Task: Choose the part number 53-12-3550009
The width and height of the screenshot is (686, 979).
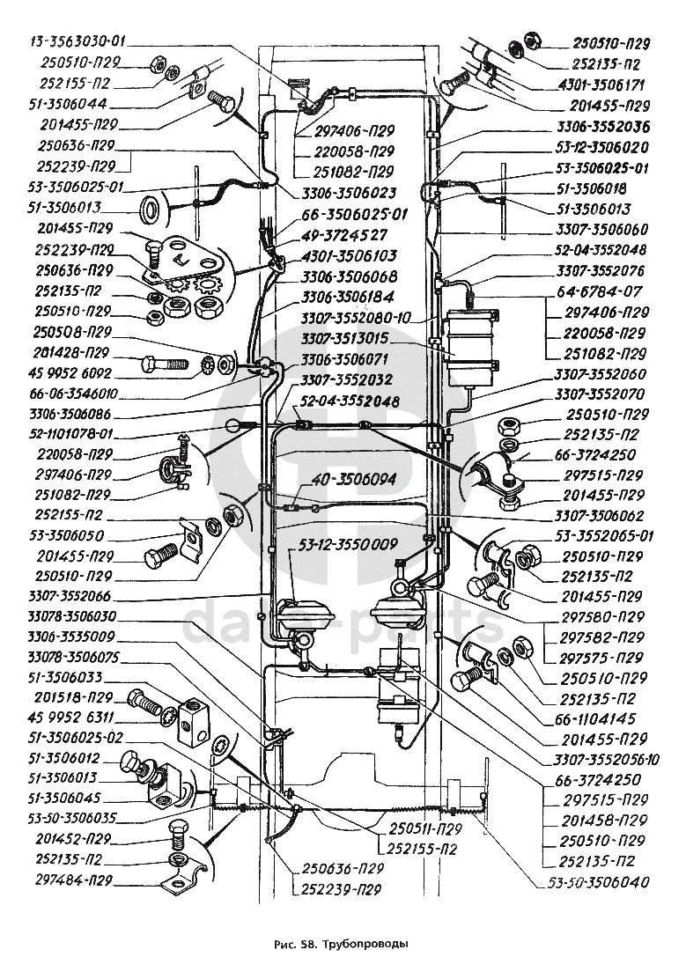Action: [x=348, y=542]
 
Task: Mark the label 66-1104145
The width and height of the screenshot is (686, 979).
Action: [x=606, y=718]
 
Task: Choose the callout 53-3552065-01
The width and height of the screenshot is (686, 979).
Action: [x=606, y=535]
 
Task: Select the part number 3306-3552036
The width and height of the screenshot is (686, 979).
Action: [x=604, y=127]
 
